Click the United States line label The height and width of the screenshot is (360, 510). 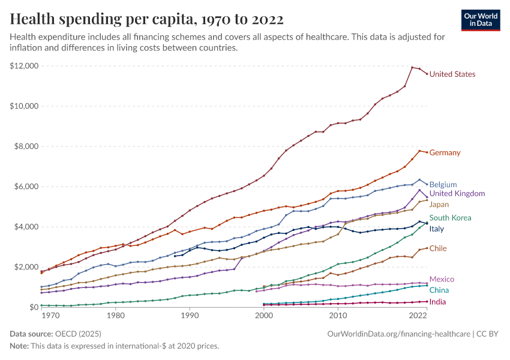point(452,74)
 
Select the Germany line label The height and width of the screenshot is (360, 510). point(445,152)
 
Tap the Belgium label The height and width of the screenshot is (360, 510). point(443,185)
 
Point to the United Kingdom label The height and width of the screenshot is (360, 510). point(457,194)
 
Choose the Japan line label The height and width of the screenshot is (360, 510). point(439,205)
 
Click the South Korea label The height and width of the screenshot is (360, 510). point(449,218)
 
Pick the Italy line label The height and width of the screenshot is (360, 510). point(437,229)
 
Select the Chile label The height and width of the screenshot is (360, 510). point(438,248)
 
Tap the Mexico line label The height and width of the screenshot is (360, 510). point(442,280)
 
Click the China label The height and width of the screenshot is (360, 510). point(439,290)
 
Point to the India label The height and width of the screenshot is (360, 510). point(437,302)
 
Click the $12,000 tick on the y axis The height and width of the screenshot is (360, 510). point(25,65)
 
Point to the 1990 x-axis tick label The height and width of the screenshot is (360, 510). point(190,315)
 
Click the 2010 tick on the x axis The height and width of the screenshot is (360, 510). point(338,315)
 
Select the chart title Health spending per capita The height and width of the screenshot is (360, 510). point(147,19)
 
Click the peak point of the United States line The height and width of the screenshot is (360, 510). point(412,67)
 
